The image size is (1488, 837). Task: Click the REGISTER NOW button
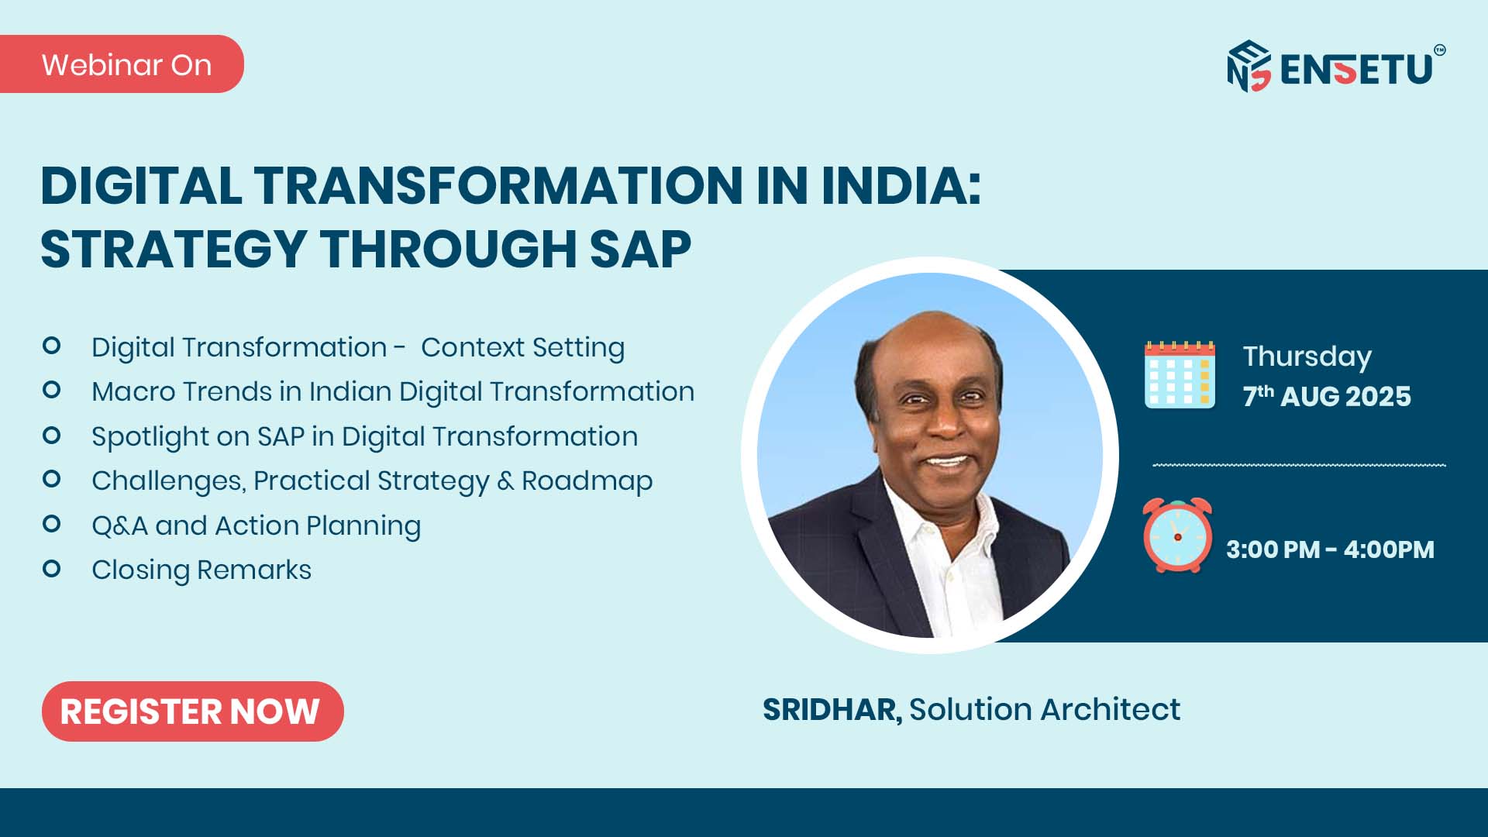[x=192, y=711]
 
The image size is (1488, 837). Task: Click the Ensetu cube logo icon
[x=1249, y=66]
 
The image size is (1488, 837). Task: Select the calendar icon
[x=1180, y=374]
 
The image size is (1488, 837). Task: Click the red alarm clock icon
[x=1177, y=536]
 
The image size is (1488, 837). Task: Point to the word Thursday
[x=1307, y=356]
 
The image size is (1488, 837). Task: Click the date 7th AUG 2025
[x=1327, y=395]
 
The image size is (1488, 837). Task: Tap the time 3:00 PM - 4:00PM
[x=1330, y=549]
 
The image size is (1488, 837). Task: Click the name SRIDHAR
[x=832, y=710]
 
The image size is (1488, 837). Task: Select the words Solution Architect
[x=1045, y=709]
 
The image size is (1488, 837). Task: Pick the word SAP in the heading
[x=640, y=250]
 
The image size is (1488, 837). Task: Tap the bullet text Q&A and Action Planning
[x=257, y=525]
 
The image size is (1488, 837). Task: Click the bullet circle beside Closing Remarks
[x=52, y=569]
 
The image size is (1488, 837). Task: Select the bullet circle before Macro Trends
[x=52, y=390]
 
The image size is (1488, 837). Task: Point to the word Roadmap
[x=587, y=481]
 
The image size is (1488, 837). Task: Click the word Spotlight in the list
[x=150, y=437]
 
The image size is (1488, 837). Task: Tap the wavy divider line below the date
[x=1299, y=465]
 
